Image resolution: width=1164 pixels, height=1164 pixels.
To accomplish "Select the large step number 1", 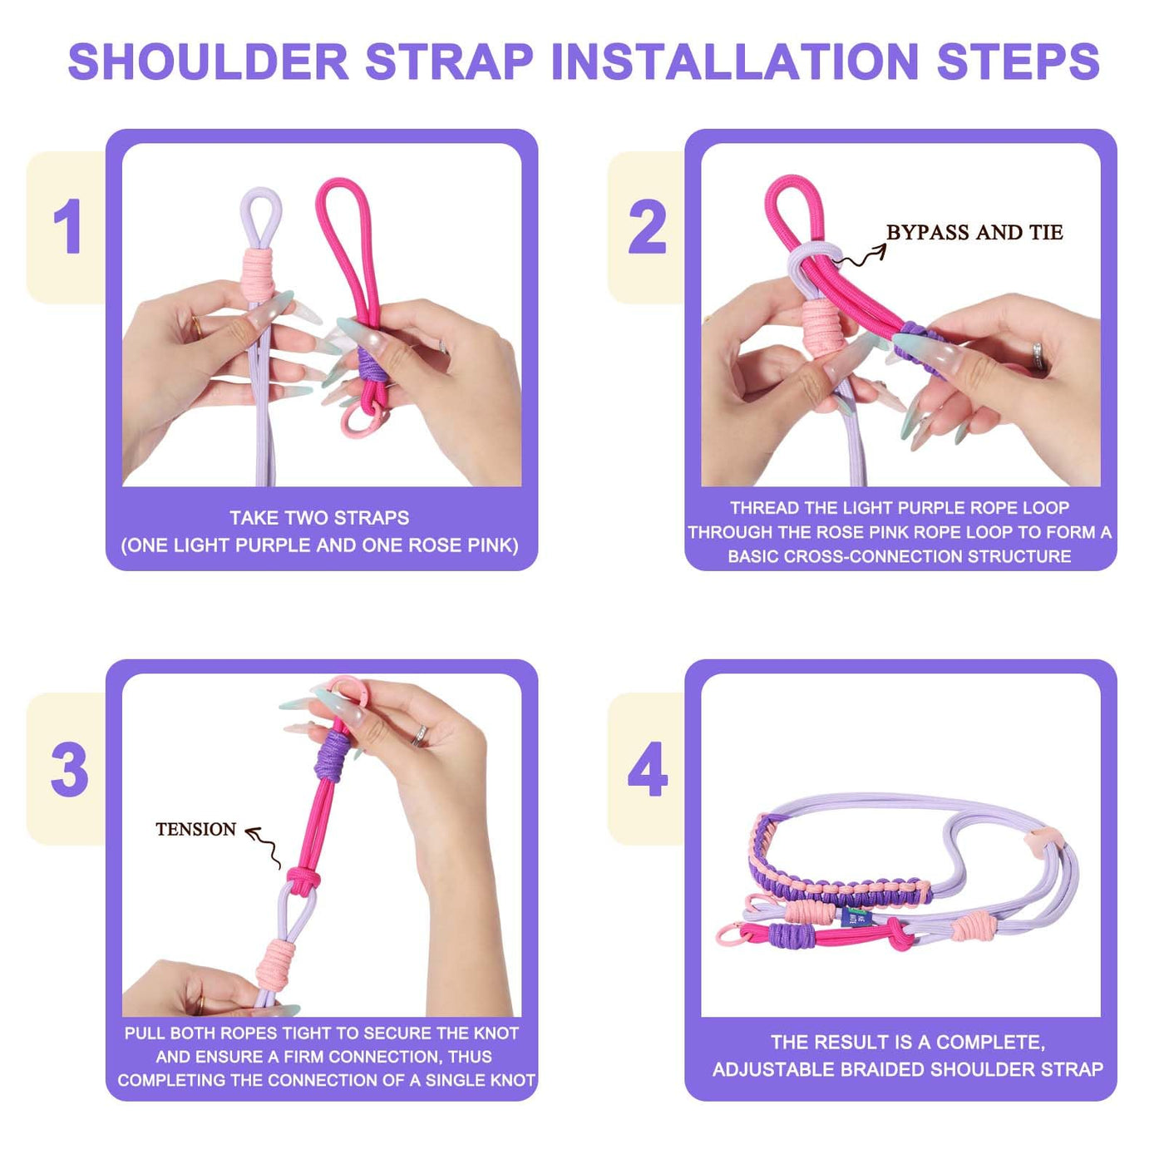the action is [x=67, y=226].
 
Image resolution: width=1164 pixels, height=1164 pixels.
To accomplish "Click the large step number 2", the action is [x=647, y=226].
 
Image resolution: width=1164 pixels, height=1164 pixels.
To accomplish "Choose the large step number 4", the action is [x=648, y=769].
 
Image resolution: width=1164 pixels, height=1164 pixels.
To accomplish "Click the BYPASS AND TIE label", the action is [x=974, y=232].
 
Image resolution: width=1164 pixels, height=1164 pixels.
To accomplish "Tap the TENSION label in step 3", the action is [x=195, y=830].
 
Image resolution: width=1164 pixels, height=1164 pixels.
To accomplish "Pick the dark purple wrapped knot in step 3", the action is [x=332, y=756].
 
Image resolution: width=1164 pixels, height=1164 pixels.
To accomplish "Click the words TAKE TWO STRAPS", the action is [x=319, y=518].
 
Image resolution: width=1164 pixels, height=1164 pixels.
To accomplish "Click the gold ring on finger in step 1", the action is [x=197, y=326].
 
